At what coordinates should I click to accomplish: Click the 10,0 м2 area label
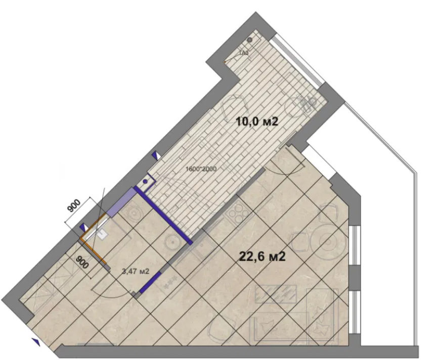pyautogui.click(x=258, y=121)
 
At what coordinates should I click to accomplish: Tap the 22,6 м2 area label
pyautogui.click(x=262, y=256)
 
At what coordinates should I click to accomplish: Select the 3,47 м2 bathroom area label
pyautogui.click(x=136, y=272)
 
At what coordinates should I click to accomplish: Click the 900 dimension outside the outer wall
pyautogui.click(x=74, y=206)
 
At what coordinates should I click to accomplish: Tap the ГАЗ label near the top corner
pyautogui.click(x=243, y=52)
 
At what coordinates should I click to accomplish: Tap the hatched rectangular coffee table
pyautogui.click(x=275, y=292)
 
